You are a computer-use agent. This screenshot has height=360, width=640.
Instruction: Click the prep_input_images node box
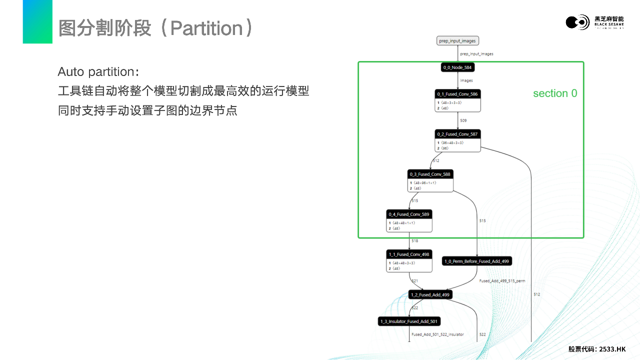coord(457,40)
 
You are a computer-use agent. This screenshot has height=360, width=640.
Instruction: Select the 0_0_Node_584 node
coord(457,67)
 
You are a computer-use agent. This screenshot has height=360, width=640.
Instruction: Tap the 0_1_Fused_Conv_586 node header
coord(457,94)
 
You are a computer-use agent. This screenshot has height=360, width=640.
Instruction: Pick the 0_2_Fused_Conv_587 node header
coord(457,134)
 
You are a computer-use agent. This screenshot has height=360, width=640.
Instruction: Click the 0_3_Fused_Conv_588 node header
coord(430,174)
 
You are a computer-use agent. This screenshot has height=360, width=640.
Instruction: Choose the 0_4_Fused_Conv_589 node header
coord(409,214)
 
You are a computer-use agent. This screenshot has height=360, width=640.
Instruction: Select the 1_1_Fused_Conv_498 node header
coord(409,254)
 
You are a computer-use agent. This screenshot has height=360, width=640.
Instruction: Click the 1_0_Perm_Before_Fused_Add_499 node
coord(477,261)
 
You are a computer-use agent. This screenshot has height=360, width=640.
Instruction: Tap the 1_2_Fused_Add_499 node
coord(430,294)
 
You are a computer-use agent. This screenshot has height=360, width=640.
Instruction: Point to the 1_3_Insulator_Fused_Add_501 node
coord(409,321)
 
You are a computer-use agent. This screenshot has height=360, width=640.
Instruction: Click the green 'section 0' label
coord(555,93)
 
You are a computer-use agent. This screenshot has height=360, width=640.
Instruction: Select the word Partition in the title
coord(206,28)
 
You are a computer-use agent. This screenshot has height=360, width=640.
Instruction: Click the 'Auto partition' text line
coord(98,71)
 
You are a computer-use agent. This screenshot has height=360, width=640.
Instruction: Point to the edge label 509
coord(463,120)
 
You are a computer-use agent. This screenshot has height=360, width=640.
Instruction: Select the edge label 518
coord(414,241)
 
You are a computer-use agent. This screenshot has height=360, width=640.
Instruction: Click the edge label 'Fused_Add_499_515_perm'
coord(502,281)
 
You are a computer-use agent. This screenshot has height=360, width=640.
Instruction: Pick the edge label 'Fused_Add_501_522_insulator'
coord(437,334)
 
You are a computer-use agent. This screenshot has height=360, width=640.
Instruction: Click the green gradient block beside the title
coord(37,21)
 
